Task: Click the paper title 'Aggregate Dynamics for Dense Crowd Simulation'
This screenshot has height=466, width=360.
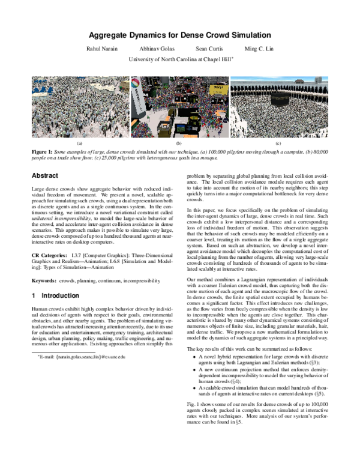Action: [x=180, y=35]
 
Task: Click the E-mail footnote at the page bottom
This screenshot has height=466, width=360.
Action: [x=78, y=357]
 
